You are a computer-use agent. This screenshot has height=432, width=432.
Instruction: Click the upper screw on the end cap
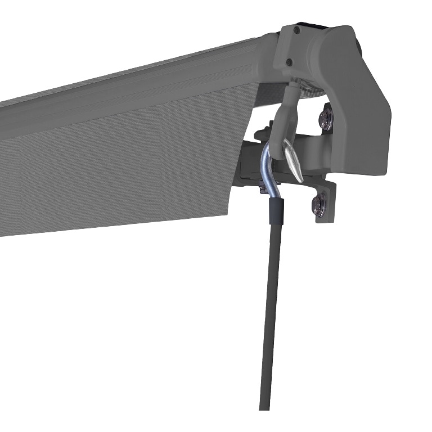pyautogui.click(x=296, y=31)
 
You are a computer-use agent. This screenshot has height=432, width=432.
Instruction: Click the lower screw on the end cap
pyautogui.click(x=289, y=62)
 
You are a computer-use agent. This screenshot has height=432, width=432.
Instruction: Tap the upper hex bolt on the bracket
pyautogui.click(x=326, y=118)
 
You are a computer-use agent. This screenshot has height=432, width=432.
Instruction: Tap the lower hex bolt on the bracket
pyautogui.click(x=318, y=203)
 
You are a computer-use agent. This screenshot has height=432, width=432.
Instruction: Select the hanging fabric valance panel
pyautogui.click(x=112, y=169)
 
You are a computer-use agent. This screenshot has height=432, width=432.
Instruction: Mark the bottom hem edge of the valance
pyautogui.click(x=112, y=225)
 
